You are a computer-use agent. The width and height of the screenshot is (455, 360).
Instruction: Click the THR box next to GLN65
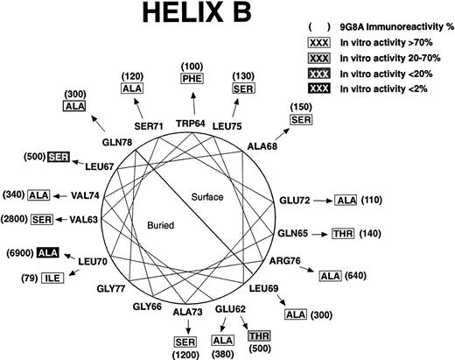pyautogui.click(x=343, y=233)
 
